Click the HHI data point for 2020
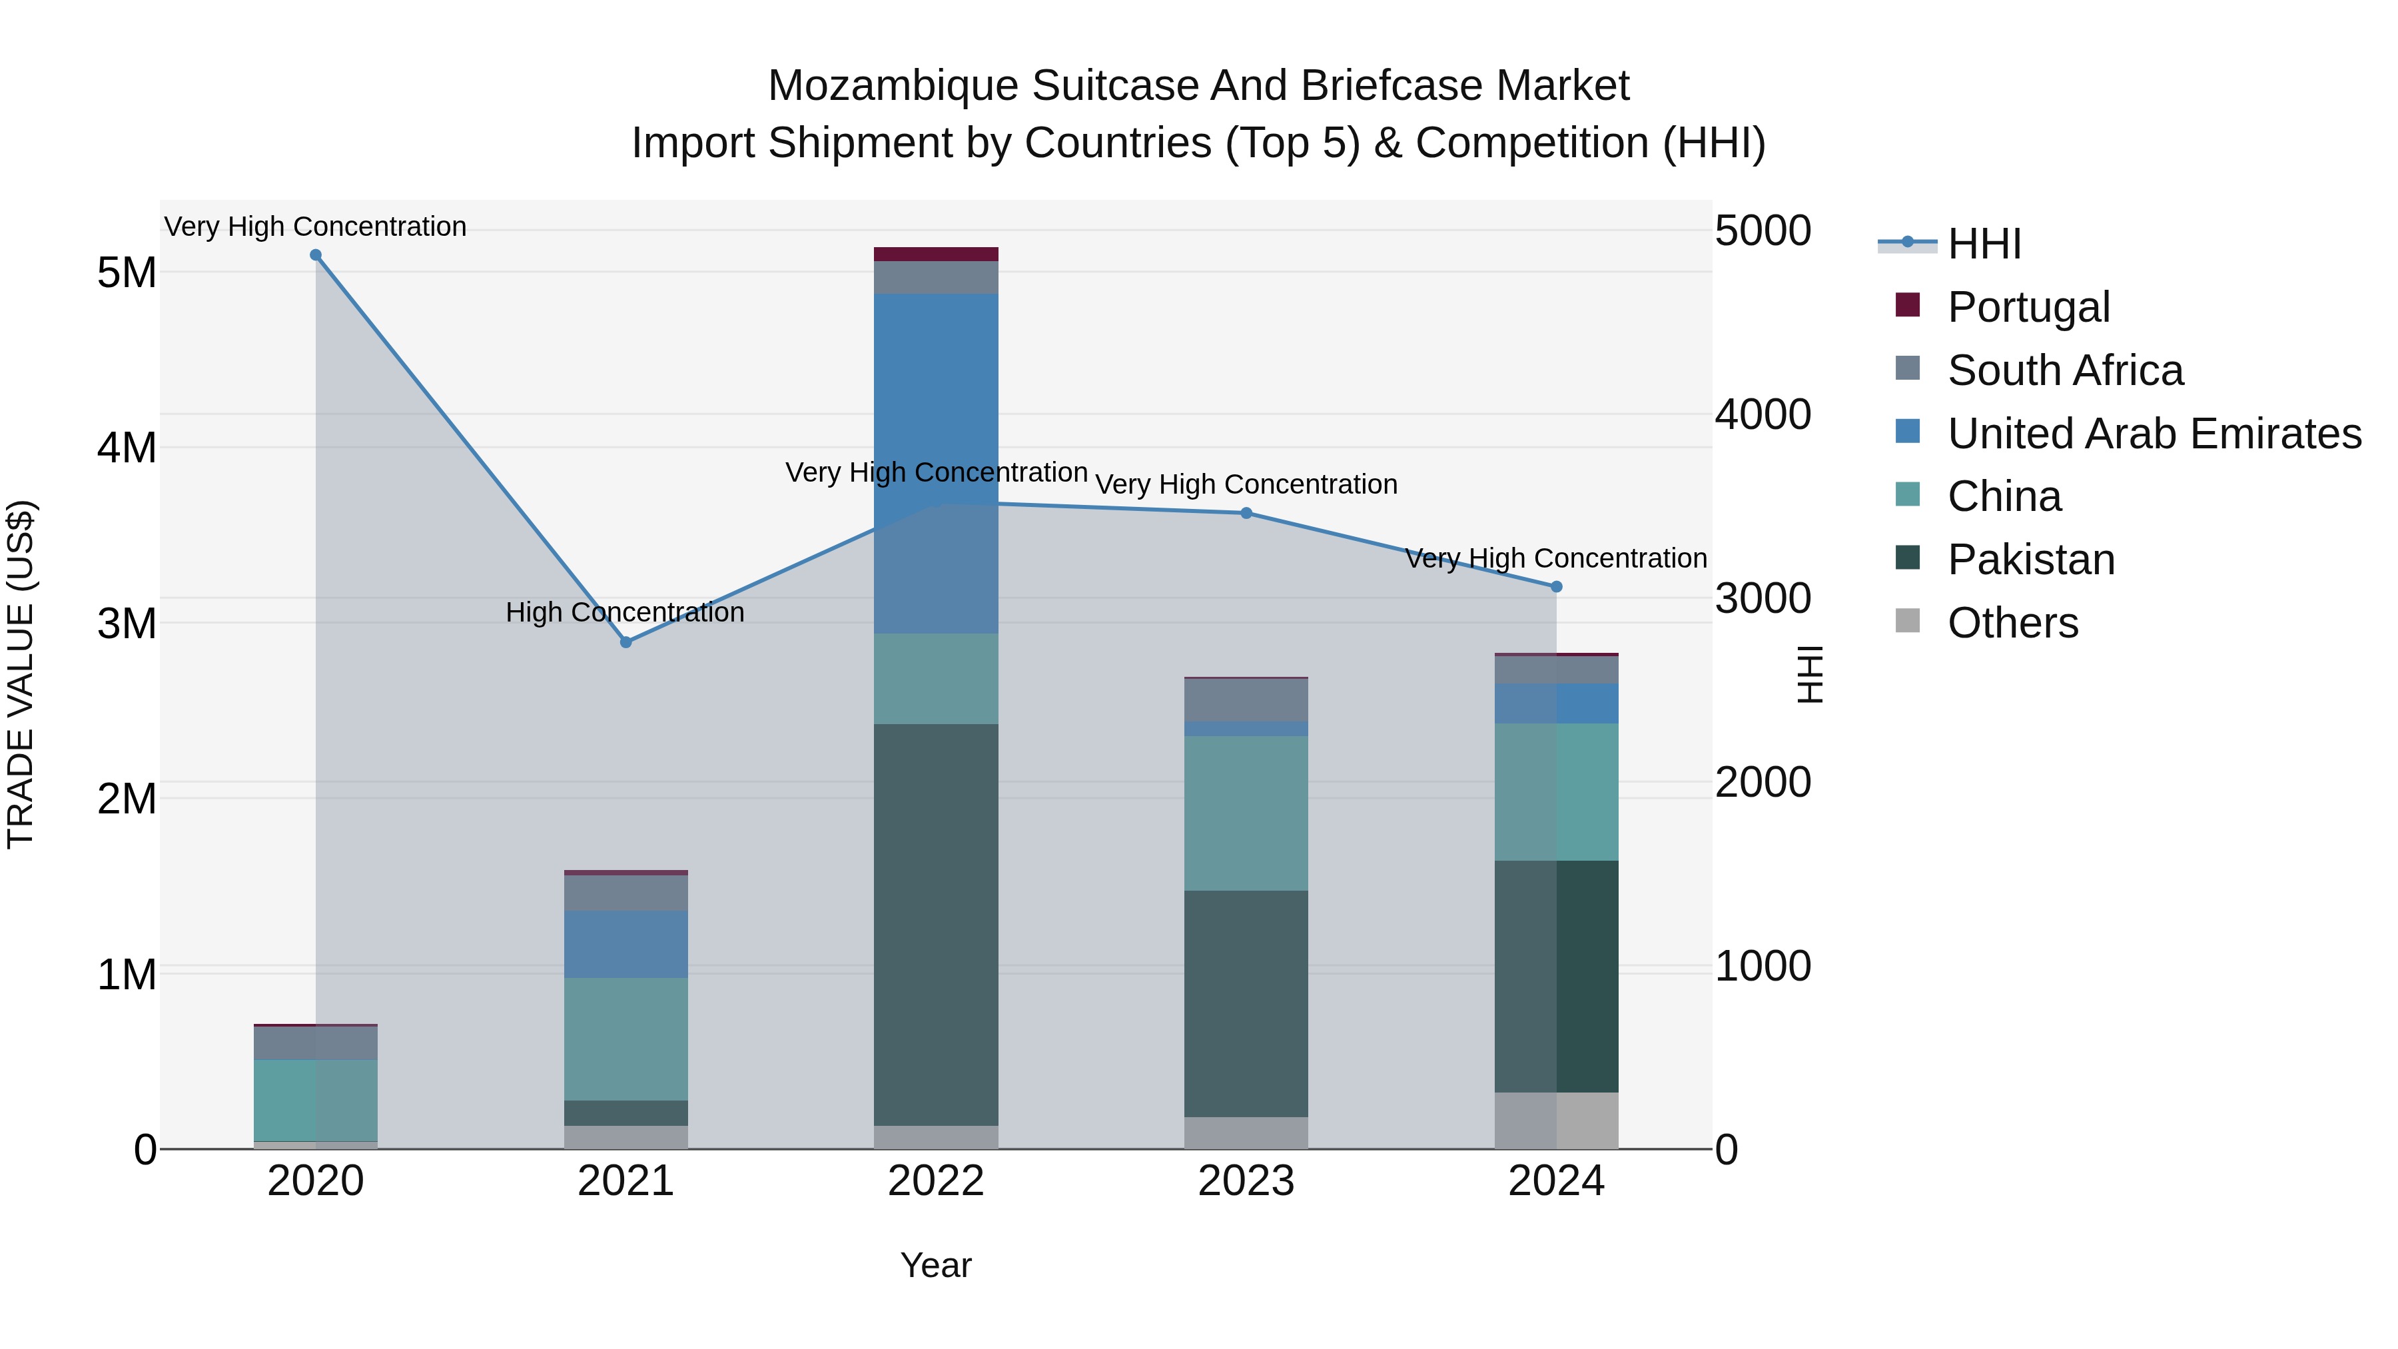coord(316,255)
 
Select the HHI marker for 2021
coord(625,642)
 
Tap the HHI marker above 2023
coord(1246,513)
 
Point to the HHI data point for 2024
coord(1557,586)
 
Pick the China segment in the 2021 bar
coord(625,1039)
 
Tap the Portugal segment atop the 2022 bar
coord(936,254)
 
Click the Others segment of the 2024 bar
coord(1557,1121)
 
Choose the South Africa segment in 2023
coord(1246,699)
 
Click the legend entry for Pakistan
coord(2030,560)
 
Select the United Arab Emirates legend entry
coord(2153,434)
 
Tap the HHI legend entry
coord(1983,244)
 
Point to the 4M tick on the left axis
coord(127,448)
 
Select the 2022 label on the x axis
coord(936,1181)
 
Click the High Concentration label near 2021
coord(625,613)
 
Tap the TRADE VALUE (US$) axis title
coord(21,674)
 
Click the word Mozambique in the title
coord(893,86)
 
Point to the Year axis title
coord(936,1265)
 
